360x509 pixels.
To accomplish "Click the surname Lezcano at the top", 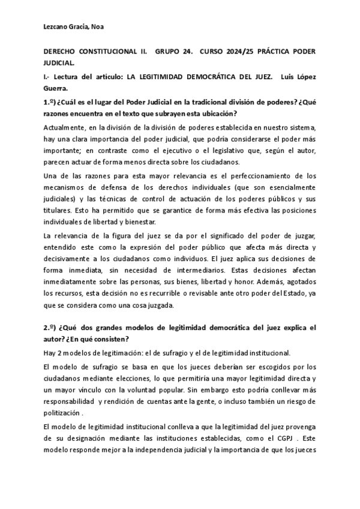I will tap(58, 26).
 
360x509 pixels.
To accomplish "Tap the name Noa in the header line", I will tap(101, 26).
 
